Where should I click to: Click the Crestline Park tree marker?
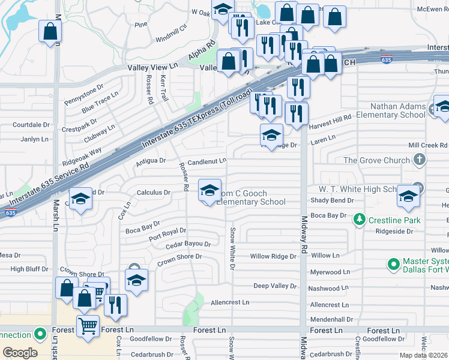(359, 220)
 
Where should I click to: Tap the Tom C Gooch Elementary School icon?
(209, 191)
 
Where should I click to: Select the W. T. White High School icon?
(408, 197)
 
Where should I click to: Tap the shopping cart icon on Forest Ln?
(88, 326)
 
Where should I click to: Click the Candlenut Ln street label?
(206, 161)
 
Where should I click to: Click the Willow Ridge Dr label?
(273, 256)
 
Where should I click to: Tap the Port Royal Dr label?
(167, 232)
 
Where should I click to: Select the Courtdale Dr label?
(31, 125)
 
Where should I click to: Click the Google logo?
(20, 353)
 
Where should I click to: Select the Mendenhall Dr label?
(332, 319)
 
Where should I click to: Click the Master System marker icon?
(394, 264)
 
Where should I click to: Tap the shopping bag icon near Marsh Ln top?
(50, 31)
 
